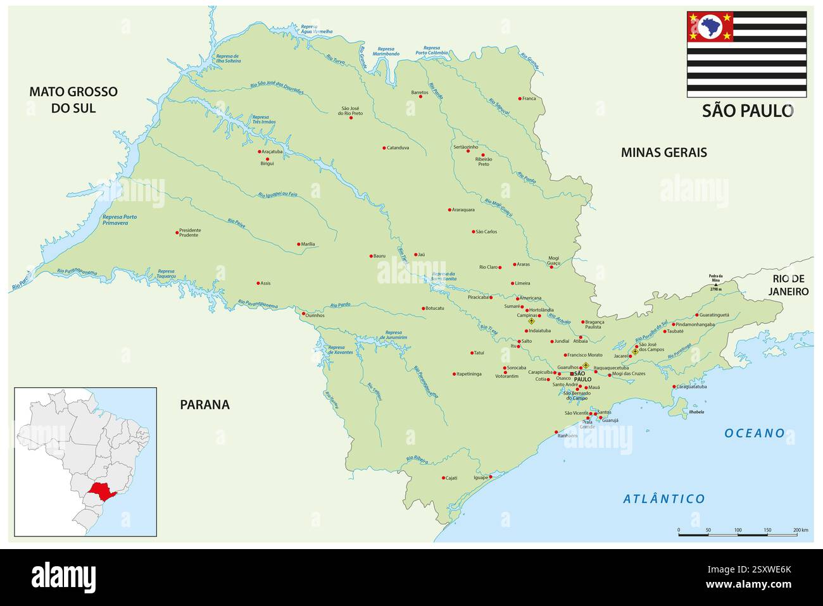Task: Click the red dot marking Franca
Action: pos(520,99)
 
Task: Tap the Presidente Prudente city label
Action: pos(190,232)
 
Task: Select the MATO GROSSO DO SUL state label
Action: pos(73,100)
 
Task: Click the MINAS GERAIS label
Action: pos(663,152)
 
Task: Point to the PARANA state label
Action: pos(204,405)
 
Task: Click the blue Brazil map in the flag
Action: pos(710,27)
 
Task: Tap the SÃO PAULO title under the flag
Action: pos(747,111)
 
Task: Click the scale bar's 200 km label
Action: pos(800,529)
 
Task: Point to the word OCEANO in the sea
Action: pos(755,433)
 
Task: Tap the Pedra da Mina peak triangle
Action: pos(716,285)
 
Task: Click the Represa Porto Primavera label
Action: pos(120,220)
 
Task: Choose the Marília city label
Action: pos(308,244)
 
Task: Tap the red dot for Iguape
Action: pos(491,476)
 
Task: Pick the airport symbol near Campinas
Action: pos(531,321)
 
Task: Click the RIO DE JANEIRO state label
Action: pos(789,285)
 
